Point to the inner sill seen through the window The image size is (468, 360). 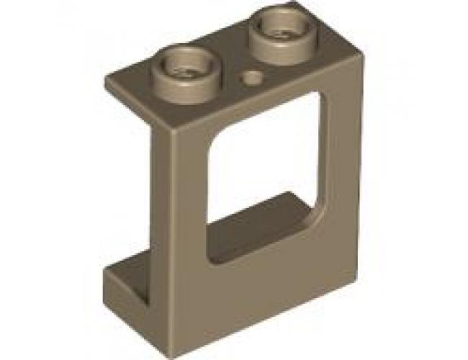pyautogui.click(x=252, y=220)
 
